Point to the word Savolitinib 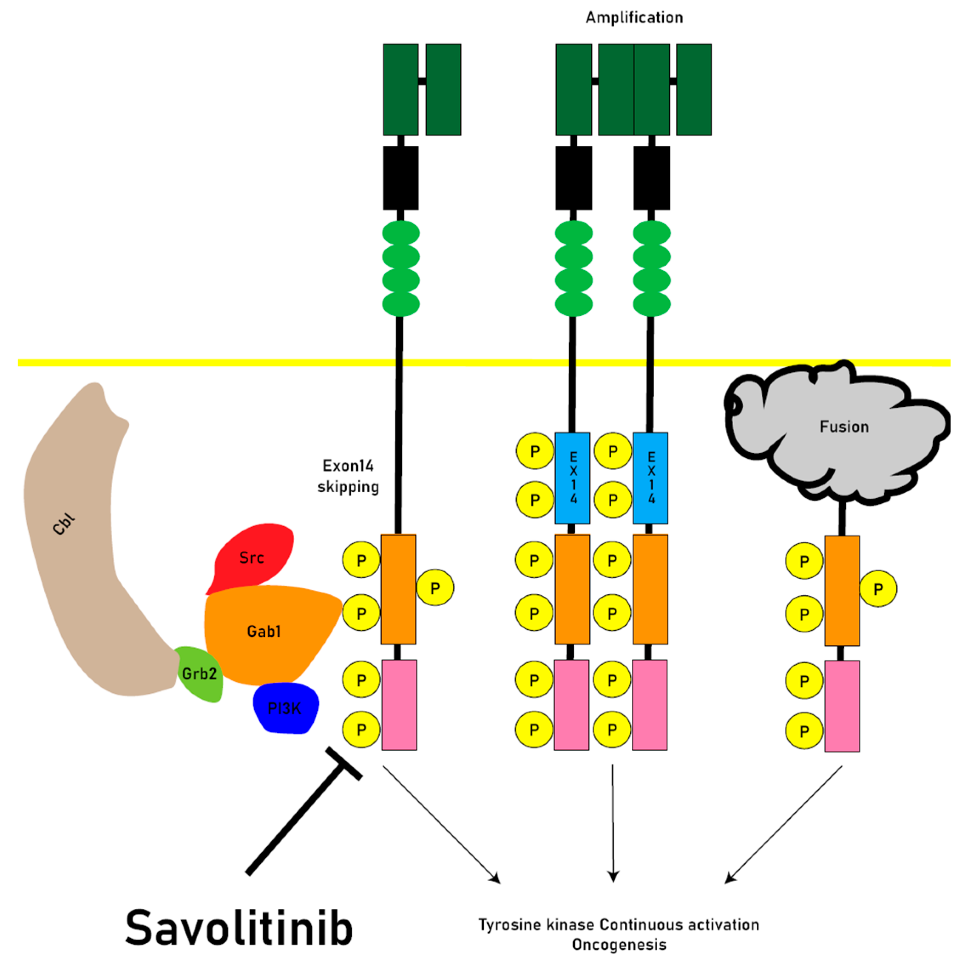coord(239,928)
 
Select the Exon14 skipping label coord(348,476)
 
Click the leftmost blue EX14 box coord(572,478)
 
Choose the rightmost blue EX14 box coord(651,478)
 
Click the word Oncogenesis coord(619,944)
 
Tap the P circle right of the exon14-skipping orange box coord(435,588)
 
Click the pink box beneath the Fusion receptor coord(842,706)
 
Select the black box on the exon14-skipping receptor coord(400,178)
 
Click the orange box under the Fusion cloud coord(842,590)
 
